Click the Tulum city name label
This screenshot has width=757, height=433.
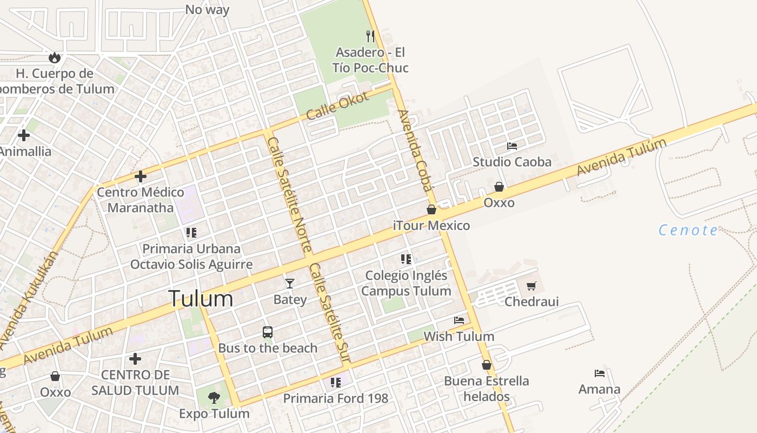pos(201,299)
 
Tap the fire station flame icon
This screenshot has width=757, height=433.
pos(54,57)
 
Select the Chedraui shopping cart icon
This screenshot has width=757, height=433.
pos(532,285)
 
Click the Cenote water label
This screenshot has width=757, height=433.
pos(688,231)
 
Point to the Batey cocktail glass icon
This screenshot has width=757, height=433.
pos(290,283)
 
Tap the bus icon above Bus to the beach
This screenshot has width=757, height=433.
pos(267,332)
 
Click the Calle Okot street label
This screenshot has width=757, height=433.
pos(337,106)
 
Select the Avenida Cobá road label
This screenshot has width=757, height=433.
pos(415,151)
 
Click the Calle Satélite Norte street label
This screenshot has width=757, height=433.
pos(289,194)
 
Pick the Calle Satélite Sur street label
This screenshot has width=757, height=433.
pos(330,313)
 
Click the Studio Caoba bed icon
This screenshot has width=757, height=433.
pos(512,146)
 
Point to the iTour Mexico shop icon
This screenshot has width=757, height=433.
pos(431,209)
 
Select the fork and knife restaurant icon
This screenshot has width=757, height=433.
pos(370,36)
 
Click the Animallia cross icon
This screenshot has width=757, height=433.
pos(24,135)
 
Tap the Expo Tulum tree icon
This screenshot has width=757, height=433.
pos(214,398)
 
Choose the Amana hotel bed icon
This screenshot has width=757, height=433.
pos(599,373)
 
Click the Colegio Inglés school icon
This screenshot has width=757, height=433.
pos(406,259)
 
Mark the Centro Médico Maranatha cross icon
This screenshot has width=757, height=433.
pos(141,176)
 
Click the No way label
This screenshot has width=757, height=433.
pos(207,9)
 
